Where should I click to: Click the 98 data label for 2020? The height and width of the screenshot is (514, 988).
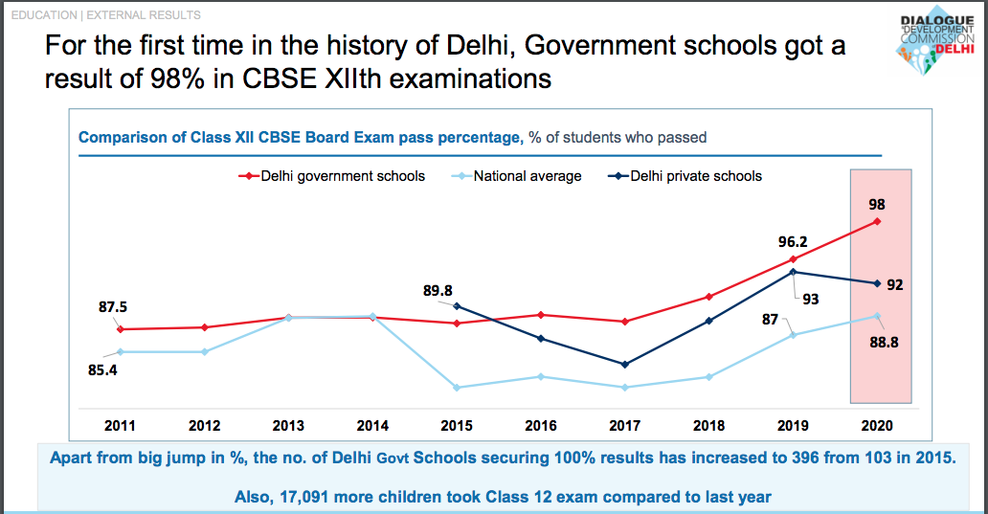[876, 204]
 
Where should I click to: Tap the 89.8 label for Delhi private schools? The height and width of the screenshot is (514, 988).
[438, 290]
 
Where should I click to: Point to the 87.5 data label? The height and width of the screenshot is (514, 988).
[113, 307]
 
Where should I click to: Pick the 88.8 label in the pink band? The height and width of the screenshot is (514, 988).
[884, 342]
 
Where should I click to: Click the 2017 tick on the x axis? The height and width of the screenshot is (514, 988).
[624, 425]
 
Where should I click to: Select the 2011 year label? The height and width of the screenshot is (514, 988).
[121, 425]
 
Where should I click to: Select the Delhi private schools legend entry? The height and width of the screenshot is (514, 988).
[695, 176]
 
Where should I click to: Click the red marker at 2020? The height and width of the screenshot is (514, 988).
[877, 222]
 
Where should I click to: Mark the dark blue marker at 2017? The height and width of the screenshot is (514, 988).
[624, 365]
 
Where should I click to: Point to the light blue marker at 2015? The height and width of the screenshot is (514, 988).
[457, 388]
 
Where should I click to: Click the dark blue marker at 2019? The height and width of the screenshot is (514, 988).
[793, 272]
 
